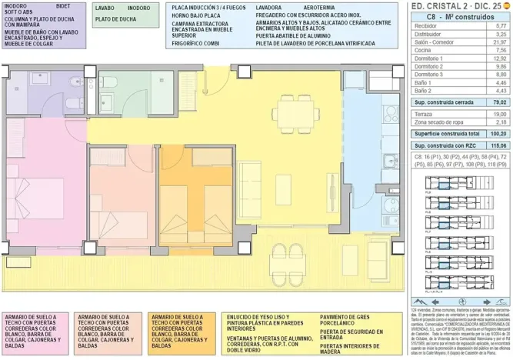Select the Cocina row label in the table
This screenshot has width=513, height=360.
click(424, 49)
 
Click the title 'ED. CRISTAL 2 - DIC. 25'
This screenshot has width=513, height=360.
click(453, 5)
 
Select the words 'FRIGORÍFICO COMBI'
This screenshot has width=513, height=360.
click(196, 45)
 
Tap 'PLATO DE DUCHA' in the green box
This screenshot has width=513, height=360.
click(116, 18)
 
